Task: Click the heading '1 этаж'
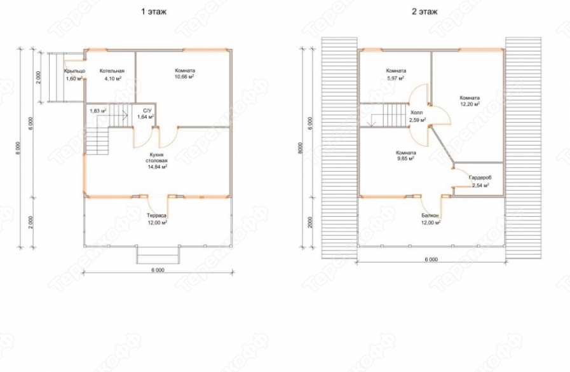point(154,11)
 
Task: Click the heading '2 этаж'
point(424,11)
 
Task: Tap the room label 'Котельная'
point(112,71)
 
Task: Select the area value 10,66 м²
point(185,78)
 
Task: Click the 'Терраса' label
point(157,216)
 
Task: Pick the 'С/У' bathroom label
point(147,110)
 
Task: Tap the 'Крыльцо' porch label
point(74,71)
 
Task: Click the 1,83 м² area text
point(98,111)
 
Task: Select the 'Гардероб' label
point(480,178)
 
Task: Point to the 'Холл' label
point(417,113)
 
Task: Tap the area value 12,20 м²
point(470,104)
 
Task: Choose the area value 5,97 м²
point(396,78)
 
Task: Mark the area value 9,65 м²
point(406,159)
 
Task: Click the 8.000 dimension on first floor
point(18,148)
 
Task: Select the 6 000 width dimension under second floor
point(431,259)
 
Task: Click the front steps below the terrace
point(158,254)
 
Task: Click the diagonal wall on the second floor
point(441,144)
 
